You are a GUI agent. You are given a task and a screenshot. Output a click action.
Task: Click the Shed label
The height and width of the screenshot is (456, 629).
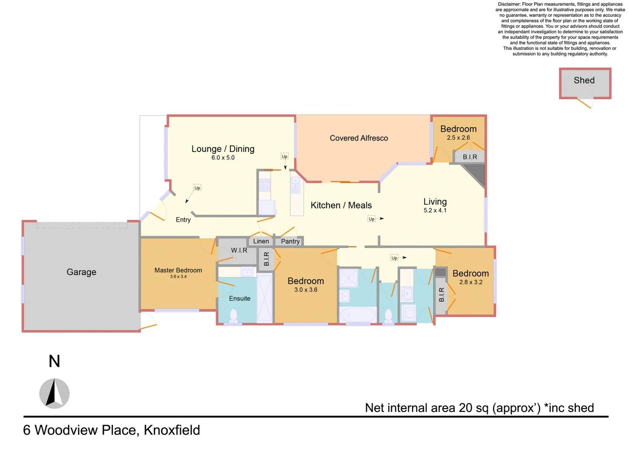584,80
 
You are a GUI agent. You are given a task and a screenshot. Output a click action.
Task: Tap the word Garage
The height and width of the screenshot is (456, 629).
81,272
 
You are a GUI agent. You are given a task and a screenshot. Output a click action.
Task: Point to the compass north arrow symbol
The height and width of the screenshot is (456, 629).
54,393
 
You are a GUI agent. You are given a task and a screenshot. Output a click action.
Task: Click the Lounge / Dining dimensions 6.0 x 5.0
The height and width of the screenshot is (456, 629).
223,157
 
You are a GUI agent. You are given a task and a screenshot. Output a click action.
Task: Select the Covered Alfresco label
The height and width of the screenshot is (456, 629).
359,138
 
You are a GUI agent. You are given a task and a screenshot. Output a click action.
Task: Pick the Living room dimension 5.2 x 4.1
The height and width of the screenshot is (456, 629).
435,210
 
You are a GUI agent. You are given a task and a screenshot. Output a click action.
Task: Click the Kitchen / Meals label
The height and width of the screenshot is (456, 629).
341,205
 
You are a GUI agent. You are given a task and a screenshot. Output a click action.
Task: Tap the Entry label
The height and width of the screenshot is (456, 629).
183,220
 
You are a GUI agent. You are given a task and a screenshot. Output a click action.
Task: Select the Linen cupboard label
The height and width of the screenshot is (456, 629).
261,241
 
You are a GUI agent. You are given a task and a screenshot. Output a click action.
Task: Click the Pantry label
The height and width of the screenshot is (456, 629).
290,241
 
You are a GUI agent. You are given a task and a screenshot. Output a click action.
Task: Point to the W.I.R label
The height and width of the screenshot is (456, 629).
239,250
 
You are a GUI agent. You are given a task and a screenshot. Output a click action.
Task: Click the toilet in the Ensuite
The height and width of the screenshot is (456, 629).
233,316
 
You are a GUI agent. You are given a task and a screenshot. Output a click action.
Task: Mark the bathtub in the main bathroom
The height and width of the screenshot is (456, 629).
358,315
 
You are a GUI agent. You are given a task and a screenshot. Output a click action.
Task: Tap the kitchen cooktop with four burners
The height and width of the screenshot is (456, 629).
265,185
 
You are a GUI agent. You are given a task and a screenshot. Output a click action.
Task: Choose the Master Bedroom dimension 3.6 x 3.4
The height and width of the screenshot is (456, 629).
178,277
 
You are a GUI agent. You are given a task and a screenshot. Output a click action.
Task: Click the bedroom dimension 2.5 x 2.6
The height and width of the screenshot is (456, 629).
458,138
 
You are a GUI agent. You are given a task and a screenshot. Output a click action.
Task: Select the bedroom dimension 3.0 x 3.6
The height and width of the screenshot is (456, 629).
305,290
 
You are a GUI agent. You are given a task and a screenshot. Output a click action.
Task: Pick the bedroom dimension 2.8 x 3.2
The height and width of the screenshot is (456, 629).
470,282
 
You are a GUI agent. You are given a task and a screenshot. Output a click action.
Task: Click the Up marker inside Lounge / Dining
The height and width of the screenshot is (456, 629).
284,156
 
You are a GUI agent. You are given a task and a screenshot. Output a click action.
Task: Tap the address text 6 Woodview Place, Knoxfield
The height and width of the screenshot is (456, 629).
111,430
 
